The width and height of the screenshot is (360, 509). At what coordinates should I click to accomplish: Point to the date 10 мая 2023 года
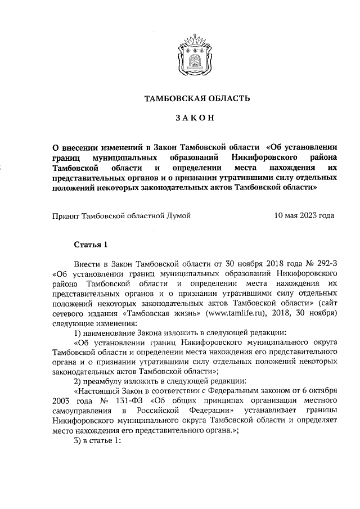click(x=304, y=215)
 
